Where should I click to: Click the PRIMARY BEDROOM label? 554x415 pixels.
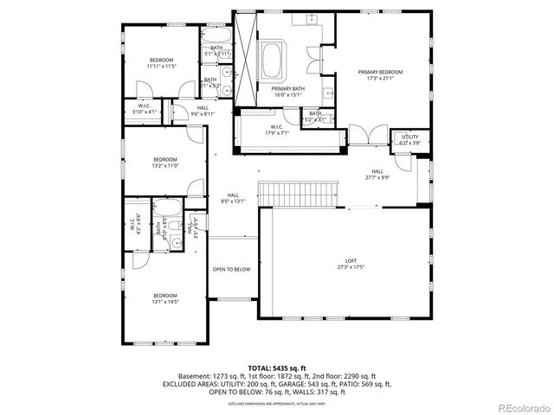380,72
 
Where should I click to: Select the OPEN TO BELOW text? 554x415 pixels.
231,269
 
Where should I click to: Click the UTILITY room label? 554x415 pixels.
409,137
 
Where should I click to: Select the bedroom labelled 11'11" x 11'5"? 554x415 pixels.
161,60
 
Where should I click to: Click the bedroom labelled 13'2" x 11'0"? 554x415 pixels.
165,159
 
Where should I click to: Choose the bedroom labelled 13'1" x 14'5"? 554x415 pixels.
164,295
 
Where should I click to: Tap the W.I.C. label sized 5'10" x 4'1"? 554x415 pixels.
145,107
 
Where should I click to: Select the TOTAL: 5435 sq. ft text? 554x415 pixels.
276,367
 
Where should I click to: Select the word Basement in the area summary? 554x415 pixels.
194,377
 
